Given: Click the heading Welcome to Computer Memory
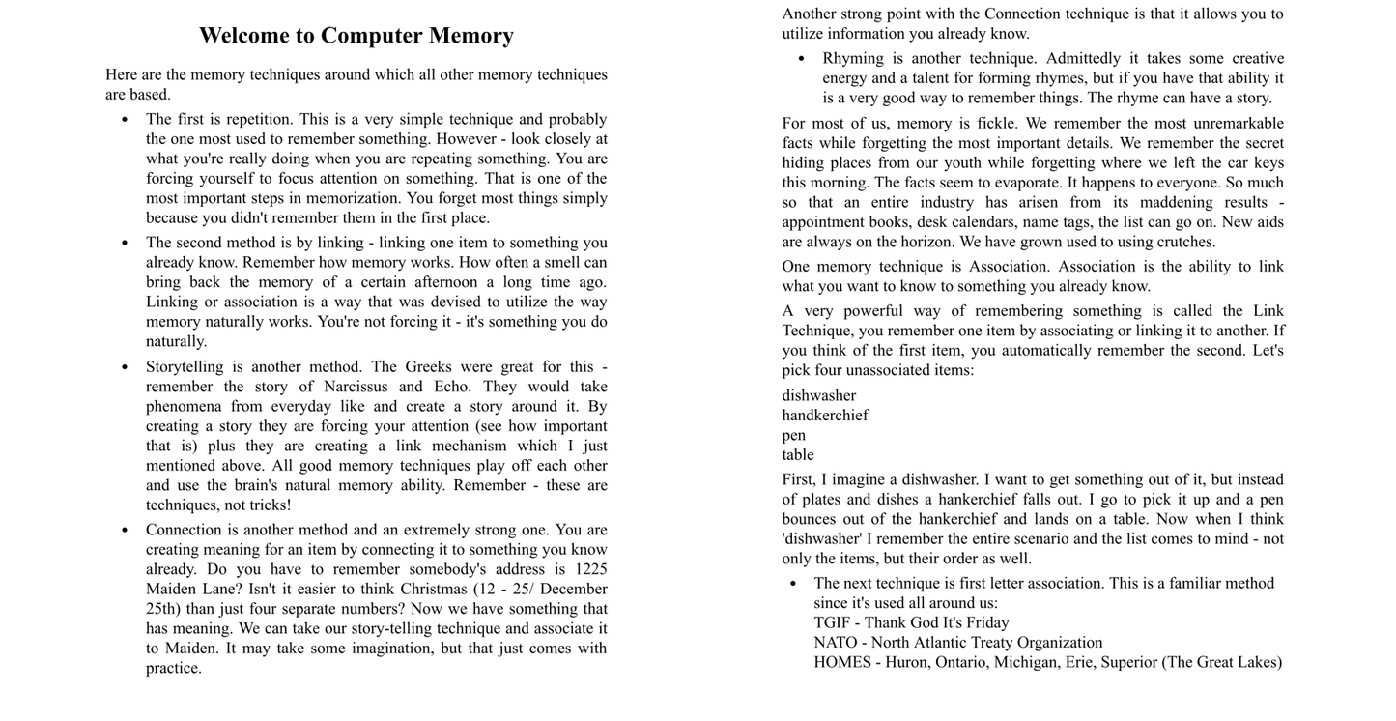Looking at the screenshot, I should click(x=356, y=36).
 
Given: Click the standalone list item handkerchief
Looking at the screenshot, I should click(x=825, y=416).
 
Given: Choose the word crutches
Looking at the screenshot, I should click(x=1185, y=242).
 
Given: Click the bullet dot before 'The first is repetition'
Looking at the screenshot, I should click(x=125, y=120).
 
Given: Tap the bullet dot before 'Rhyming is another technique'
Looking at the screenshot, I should click(x=801, y=59).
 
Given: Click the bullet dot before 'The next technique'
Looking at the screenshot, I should click(x=793, y=584).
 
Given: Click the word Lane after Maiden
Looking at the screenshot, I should click(x=216, y=589).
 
